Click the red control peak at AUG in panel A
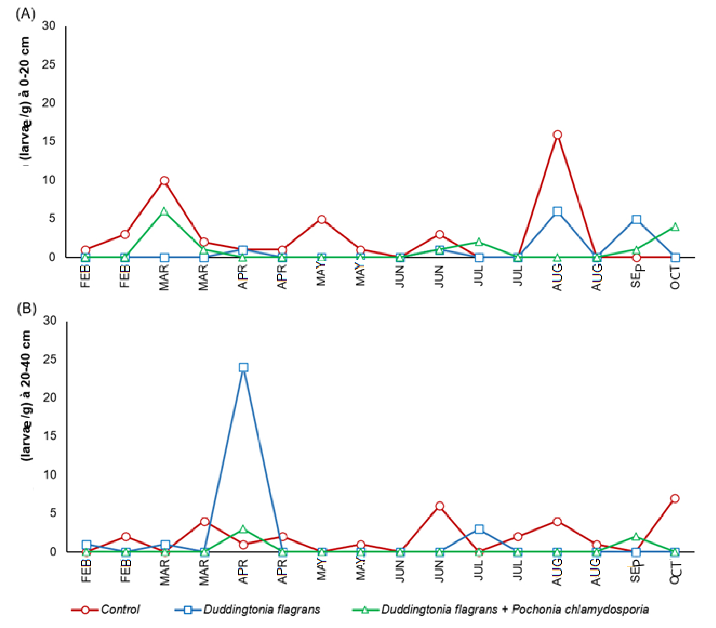click(x=558, y=135)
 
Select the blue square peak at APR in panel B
click(x=243, y=367)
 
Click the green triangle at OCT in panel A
click(x=675, y=227)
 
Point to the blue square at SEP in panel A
click(x=636, y=220)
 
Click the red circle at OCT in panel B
click(x=675, y=498)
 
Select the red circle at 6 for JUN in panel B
click(x=440, y=506)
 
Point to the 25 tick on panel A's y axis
click(x=49, y=64)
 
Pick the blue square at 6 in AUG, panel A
click(x=558, y=212)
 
